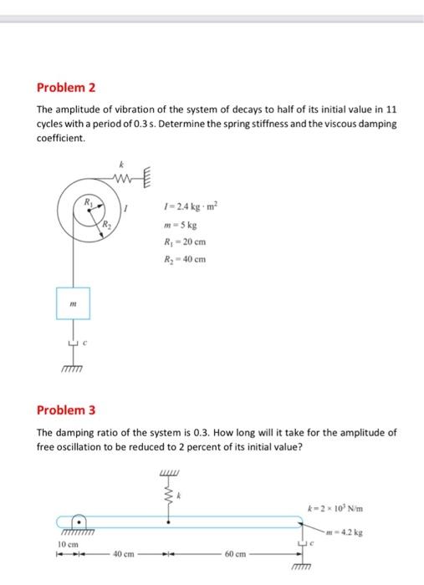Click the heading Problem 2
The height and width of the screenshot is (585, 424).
point(67,87)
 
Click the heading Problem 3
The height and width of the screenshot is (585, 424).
point(67,410)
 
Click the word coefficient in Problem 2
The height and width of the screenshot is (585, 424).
point(61,138)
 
